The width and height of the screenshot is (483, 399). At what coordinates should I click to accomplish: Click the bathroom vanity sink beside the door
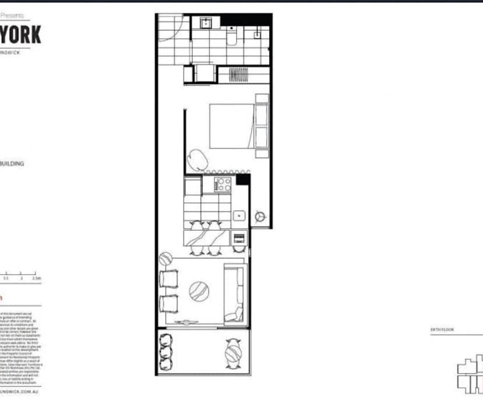coord(206,23)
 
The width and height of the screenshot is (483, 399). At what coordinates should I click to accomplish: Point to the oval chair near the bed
coord(196,157)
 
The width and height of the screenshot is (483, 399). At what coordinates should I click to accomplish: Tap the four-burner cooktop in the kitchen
coord(224,184)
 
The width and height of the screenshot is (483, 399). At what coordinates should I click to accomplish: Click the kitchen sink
coord(239,216)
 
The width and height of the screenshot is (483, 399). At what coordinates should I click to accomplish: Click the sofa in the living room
coord(236,293)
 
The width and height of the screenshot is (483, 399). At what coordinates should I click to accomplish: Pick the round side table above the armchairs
coord(166,257)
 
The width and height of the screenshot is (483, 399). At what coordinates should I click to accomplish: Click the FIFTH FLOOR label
coord(442,330)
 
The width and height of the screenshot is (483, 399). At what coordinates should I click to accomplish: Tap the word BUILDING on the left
coord(12,164)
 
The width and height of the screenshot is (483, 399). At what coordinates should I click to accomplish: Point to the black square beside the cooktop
coord(243,179)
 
